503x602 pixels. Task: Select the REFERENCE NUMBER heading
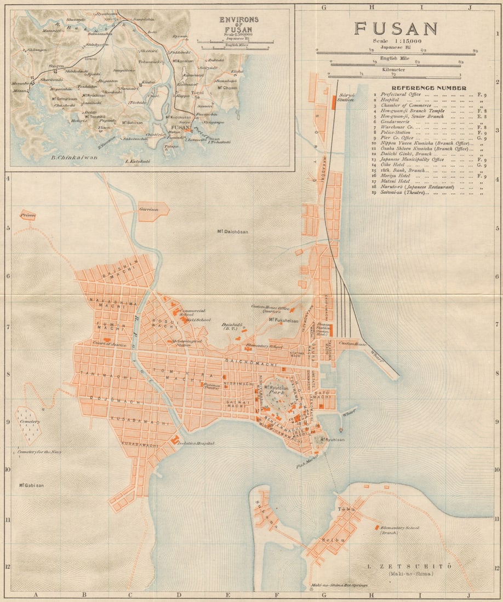[x=429, y=88]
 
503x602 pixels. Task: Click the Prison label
[x=28, y=216]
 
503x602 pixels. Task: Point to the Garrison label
[x=149, y=210]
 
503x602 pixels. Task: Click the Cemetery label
[x=28, y=421]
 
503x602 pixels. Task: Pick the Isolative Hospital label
[x=196, y=443]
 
